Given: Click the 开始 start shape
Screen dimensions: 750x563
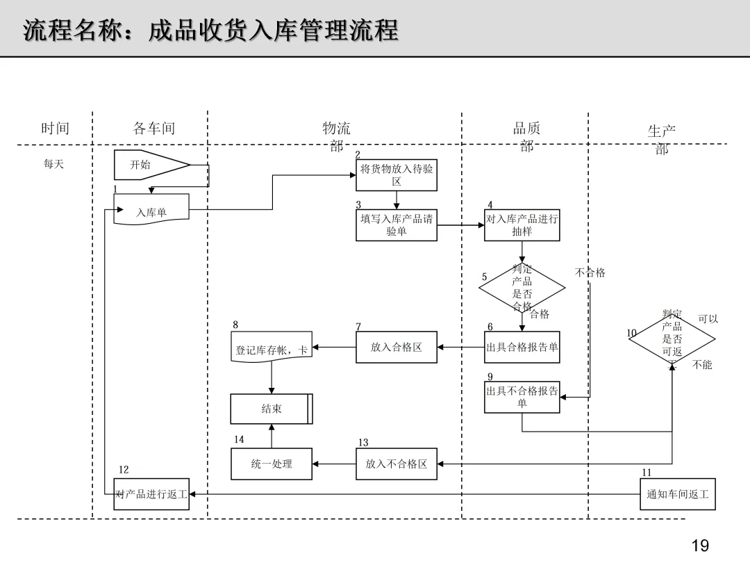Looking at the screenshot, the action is click(x=152, y=165).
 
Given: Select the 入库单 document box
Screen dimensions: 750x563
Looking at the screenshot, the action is click(x=151, y=209).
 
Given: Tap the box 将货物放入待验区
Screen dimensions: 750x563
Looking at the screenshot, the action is click(x=396, y=175).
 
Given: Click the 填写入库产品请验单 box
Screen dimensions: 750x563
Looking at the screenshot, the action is click(x=396, y=225).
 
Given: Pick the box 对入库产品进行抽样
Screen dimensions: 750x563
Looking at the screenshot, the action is click(x=522, y=225).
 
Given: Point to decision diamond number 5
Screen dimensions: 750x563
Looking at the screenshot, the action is click(x=522, y=288).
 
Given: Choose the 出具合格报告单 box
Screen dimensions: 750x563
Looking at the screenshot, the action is click(x=522, y=347).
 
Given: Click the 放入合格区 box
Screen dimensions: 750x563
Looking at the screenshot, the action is click(x=396, y=347).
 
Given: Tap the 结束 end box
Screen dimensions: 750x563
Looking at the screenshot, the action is click(x=272, y=409).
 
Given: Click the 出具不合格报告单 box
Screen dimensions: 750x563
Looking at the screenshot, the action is click(x=522, y=397).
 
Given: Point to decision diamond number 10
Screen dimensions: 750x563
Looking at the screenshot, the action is click(x=672, y=339).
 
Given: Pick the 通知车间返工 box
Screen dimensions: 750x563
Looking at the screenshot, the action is click(x=678, y=494).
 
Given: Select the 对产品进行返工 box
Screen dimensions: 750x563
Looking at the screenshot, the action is click(x=151, y=494).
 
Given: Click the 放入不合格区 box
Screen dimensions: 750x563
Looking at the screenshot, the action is click(x=396, y=464).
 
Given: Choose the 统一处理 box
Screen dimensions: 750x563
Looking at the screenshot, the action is click(x=272, y=464).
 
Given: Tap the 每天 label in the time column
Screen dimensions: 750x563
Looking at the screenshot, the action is click(x=53, y=164).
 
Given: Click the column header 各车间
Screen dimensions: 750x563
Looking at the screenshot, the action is click(x=154, y=129).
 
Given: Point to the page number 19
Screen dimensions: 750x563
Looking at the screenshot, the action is click(x=700, y=546).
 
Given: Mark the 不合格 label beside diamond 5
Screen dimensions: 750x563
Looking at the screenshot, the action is click(x=590, y=273).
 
